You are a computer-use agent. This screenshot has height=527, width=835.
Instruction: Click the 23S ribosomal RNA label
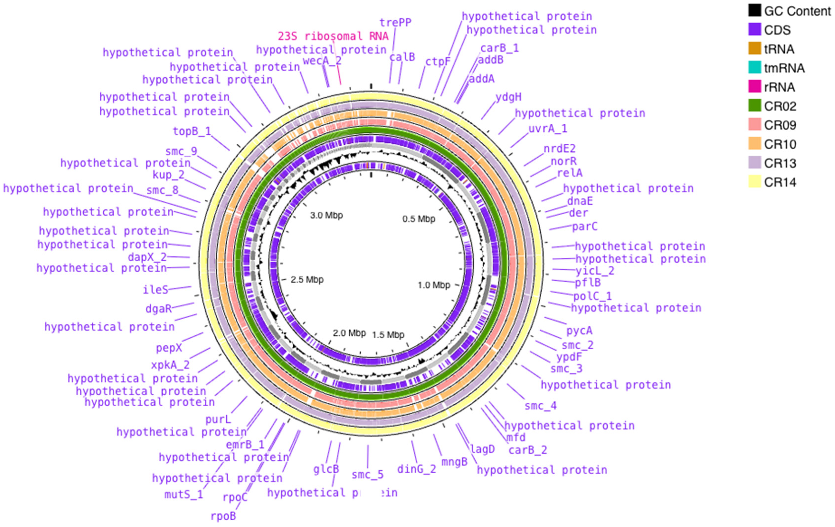pos(333,36)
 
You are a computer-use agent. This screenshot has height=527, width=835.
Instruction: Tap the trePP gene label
pos(395,23)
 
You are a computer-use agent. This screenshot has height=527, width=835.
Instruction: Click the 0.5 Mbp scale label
pos(419,219)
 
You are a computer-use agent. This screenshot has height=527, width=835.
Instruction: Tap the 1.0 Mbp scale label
pos(434,285)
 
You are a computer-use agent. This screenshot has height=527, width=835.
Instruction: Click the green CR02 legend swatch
pos(755,106)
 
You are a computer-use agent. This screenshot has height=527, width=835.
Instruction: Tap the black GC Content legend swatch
pos(755,10)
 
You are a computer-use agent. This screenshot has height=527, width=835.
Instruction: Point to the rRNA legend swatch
pos(755,87)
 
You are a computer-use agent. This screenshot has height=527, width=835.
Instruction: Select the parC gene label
pos(585,227)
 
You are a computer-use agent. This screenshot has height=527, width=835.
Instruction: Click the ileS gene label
pos(155,290)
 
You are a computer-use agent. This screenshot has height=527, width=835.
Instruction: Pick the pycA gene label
pos(579,331)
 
